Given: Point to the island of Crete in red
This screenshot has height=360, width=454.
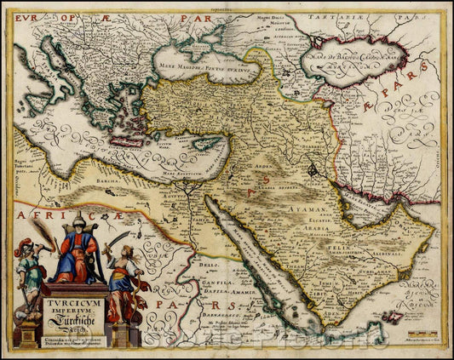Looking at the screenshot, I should pyautogui.click(x=129, y=140).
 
